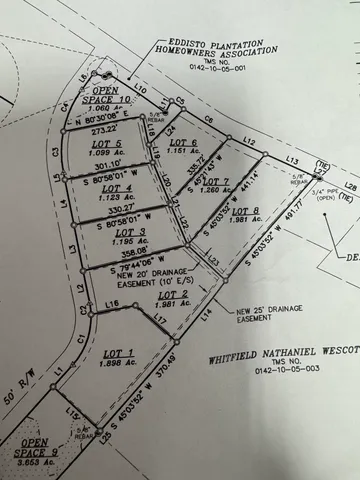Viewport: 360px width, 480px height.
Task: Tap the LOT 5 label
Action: [105, 143]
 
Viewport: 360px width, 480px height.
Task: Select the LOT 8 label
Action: [246, 211]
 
